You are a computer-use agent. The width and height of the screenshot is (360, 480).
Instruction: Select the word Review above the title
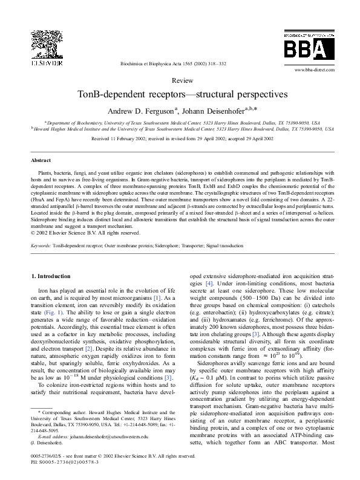(x=183, y=80)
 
